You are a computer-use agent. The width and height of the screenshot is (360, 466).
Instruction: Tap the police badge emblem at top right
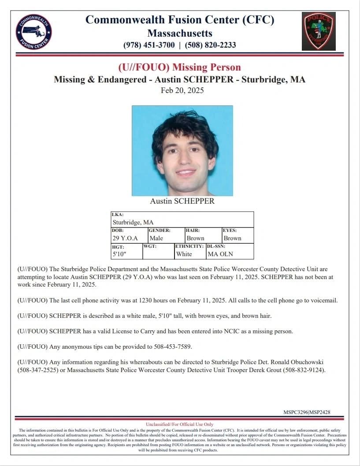318,31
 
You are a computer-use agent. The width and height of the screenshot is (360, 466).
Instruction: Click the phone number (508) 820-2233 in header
210,45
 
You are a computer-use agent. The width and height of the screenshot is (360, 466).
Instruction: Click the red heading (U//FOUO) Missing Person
179,67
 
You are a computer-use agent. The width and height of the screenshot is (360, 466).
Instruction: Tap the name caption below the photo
182,201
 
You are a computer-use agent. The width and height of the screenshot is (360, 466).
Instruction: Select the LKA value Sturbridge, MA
133,223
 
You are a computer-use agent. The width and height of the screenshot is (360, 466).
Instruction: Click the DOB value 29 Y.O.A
125,238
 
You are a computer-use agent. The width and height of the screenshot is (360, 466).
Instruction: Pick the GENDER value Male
156,238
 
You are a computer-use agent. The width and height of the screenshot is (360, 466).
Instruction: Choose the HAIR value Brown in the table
195,238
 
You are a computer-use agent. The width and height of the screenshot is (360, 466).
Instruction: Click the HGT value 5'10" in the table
119,254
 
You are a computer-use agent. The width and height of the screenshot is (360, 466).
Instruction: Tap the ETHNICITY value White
184,254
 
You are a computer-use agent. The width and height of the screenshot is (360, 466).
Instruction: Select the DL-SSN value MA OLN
220,254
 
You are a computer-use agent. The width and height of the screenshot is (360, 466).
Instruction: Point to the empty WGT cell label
149,246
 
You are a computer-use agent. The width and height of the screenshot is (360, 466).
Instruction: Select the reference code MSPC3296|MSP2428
307,412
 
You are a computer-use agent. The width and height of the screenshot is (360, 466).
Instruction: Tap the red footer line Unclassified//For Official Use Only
179,425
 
